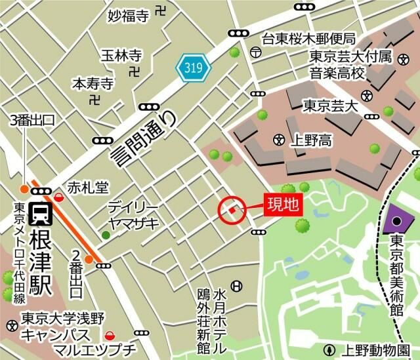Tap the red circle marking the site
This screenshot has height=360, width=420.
[x=232, y=210]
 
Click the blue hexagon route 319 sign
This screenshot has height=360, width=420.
[x=193, y=67]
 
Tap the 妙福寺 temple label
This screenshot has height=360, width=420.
[x=129, y=15]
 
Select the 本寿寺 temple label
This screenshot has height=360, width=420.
[x=93, y=84]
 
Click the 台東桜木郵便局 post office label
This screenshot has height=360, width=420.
[x=308, y=39]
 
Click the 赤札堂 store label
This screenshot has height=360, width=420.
[x=87, y=187]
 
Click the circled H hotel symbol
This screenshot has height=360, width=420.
[x=237, y=285]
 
